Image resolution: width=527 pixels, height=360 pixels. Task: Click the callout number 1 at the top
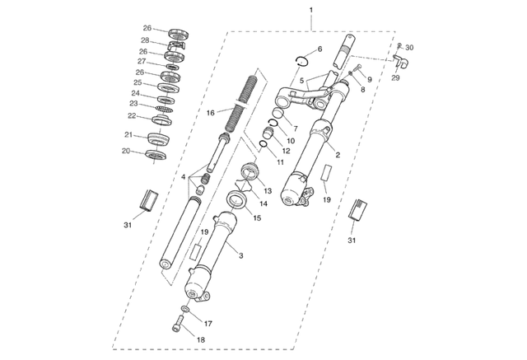(x=311, y=10)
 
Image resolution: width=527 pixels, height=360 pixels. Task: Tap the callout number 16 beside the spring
(x=211, y=113)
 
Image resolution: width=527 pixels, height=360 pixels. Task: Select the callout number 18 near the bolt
(x=201, y=340)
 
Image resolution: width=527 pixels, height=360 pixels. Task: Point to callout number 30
(x=409, y=48)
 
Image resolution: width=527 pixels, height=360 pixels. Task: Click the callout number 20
(x=126, y=152)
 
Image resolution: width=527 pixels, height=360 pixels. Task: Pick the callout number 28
(x=145, y=40)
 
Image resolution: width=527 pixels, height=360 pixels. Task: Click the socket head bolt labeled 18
(x=178, y=324)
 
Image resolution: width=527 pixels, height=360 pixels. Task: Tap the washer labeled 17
(x=185, y=309)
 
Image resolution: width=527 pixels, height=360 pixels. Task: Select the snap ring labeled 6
(x=302, y=60)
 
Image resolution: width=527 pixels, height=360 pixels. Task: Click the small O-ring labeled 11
(x=263, y=144)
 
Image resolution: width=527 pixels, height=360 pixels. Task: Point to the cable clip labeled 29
(x=399, y=62)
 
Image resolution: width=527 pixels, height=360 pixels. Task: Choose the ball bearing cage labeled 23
(x=164, y=110)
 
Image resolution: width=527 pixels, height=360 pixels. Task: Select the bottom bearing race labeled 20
(x=156, y=155)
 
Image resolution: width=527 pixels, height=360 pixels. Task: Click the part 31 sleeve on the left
(x=149, y=201)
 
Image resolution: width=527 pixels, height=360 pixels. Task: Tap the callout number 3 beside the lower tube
(x=241, y=256)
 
